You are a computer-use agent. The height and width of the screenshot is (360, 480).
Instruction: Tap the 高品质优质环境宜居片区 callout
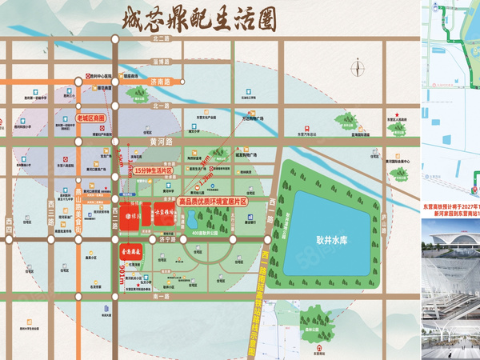click(x=212, y=202)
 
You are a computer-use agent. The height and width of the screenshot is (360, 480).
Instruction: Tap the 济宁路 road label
click(x=166, y=238)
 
